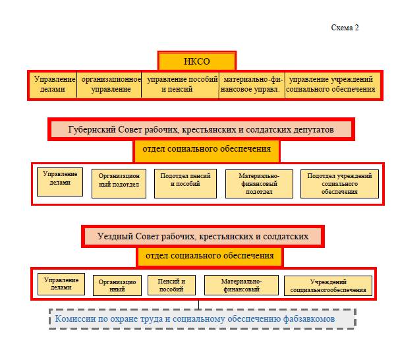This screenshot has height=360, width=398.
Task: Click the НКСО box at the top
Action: pyautogui.click(x=197, y=61)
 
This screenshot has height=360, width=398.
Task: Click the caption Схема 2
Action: pyautogui.click(x=345, y=28)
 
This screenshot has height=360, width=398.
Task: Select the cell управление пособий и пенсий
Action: pyautogui.click(x=180, y=84)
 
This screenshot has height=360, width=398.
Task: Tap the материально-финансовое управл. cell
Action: pyautogui.click(x=252, y=84)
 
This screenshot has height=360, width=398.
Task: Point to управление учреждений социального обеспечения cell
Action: pyautogui.click(x=333, y=84)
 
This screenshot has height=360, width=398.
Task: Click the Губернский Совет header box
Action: pyautogui.click(x=201, y=129)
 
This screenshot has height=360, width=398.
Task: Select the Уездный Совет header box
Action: pyautogui.click(x=203, y=236)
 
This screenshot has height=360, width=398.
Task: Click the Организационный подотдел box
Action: pyautogui.click(x=119, y=183)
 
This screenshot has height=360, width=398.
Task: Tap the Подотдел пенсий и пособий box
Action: pyautogui.click(x=185, y=183)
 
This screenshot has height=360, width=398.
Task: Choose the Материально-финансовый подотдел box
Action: pyautogui.click(x=259, y=184)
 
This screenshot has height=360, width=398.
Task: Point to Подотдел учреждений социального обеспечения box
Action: pyautogui.click(x=339, y=184)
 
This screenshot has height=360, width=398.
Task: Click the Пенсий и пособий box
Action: pyautogui.click(x=171, y=285)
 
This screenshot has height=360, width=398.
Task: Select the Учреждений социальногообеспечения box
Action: pyautogui.click(x=328, y=285)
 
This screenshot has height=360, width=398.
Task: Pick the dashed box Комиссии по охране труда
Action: pyautogui.click(x=202, y=319)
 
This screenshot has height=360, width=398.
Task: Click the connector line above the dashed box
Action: pyautogui.click(x=198, y=305)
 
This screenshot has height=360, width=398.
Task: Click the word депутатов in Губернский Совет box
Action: pyautogui.click(x=314, y=130)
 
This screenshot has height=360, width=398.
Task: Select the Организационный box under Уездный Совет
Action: pyautogui.click(x=117, y=285)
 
